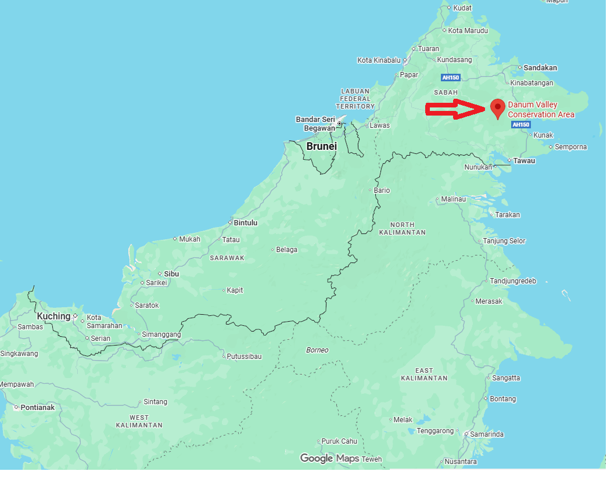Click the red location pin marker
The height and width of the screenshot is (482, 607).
[x=497, y=108]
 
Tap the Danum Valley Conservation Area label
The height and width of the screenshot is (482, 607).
[x=541, y=110]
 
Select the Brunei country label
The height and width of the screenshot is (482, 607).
[x=321, y=146]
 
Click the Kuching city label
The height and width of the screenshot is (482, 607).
[x=53, y=316]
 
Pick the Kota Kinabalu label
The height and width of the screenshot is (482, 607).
[x=379, y=60]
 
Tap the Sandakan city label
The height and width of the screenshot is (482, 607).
[x=540, y=67]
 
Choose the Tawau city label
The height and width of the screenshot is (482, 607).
[x=525, y=160]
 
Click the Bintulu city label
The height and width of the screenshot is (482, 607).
[x=246, y=222]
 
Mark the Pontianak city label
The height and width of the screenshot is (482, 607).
[x=37, y=407]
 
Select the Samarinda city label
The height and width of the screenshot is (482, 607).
[x=487, y=434]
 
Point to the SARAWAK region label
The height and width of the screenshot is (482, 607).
[x=227, y=257]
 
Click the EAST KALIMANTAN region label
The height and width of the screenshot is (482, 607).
[x=424, y=374]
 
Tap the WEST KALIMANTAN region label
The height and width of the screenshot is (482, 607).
[x=139, y=421]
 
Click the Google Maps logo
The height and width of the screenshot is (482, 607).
[x=329, y=458]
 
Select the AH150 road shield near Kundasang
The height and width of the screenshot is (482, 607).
[x=451, y=77]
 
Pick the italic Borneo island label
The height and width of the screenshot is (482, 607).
[x=317, y=350]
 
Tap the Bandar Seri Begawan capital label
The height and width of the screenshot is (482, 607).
[x=315, y=124]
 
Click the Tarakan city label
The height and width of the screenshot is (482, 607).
[x=508, y=214]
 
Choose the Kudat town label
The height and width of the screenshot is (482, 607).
[x=462, y=8]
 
